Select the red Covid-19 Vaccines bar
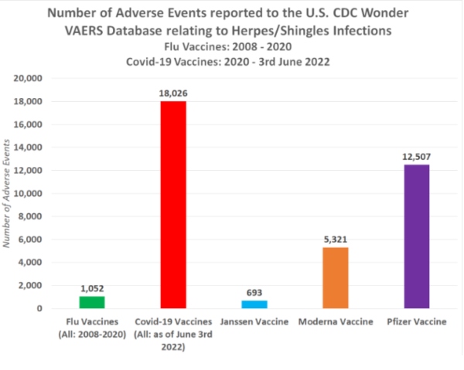coord(172,205)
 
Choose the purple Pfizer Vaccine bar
coord(417,236)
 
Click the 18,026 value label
coord(172,93)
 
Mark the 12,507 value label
coord(417,157)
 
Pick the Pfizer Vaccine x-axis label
coord(418,321)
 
